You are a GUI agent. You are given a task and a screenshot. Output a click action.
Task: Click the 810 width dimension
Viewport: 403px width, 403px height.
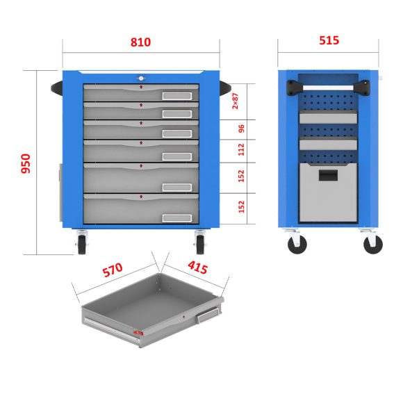[140, 42]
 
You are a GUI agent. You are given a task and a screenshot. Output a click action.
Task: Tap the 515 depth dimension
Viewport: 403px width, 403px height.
[329, 40]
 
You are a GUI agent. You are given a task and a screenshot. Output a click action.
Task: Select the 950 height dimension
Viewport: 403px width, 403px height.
[26, 163]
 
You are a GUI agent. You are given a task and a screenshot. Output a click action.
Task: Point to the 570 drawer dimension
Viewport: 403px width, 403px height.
[113, 270]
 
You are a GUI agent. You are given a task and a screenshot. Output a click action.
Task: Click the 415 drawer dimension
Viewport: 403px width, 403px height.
[197, 268]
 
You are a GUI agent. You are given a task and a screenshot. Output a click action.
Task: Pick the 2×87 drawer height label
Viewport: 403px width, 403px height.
[235, 101]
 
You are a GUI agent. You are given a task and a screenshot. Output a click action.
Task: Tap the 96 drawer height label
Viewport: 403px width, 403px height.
[241, 129]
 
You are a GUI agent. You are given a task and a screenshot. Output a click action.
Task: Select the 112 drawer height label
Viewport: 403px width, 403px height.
[241, 149]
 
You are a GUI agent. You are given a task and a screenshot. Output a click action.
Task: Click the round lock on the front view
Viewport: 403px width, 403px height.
[141, 79]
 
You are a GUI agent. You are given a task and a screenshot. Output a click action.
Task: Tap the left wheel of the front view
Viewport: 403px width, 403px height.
[82, 245]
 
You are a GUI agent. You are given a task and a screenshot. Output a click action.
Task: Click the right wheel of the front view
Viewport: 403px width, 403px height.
[200, 245]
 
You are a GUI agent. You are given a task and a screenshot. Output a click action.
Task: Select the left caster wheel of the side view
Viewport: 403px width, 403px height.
[297, 245]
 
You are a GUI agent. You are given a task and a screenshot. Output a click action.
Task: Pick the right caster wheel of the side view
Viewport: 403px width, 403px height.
[373, 245]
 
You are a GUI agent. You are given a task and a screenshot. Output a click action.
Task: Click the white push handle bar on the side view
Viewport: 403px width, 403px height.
[328, 88]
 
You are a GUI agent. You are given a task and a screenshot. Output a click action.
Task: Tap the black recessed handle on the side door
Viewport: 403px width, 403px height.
[328, 175]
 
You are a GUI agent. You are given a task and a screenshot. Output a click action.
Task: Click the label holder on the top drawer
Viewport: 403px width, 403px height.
[177, 96]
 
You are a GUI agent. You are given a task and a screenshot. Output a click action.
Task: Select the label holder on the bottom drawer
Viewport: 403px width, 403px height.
[177, 218]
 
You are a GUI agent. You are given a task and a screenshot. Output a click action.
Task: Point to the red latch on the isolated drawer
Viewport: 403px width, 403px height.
[138, 333]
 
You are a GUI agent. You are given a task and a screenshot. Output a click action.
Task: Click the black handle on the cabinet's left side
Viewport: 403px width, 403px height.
[57, 88]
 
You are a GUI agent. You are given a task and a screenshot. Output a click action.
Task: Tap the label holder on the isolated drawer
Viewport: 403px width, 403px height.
[208, 315]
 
